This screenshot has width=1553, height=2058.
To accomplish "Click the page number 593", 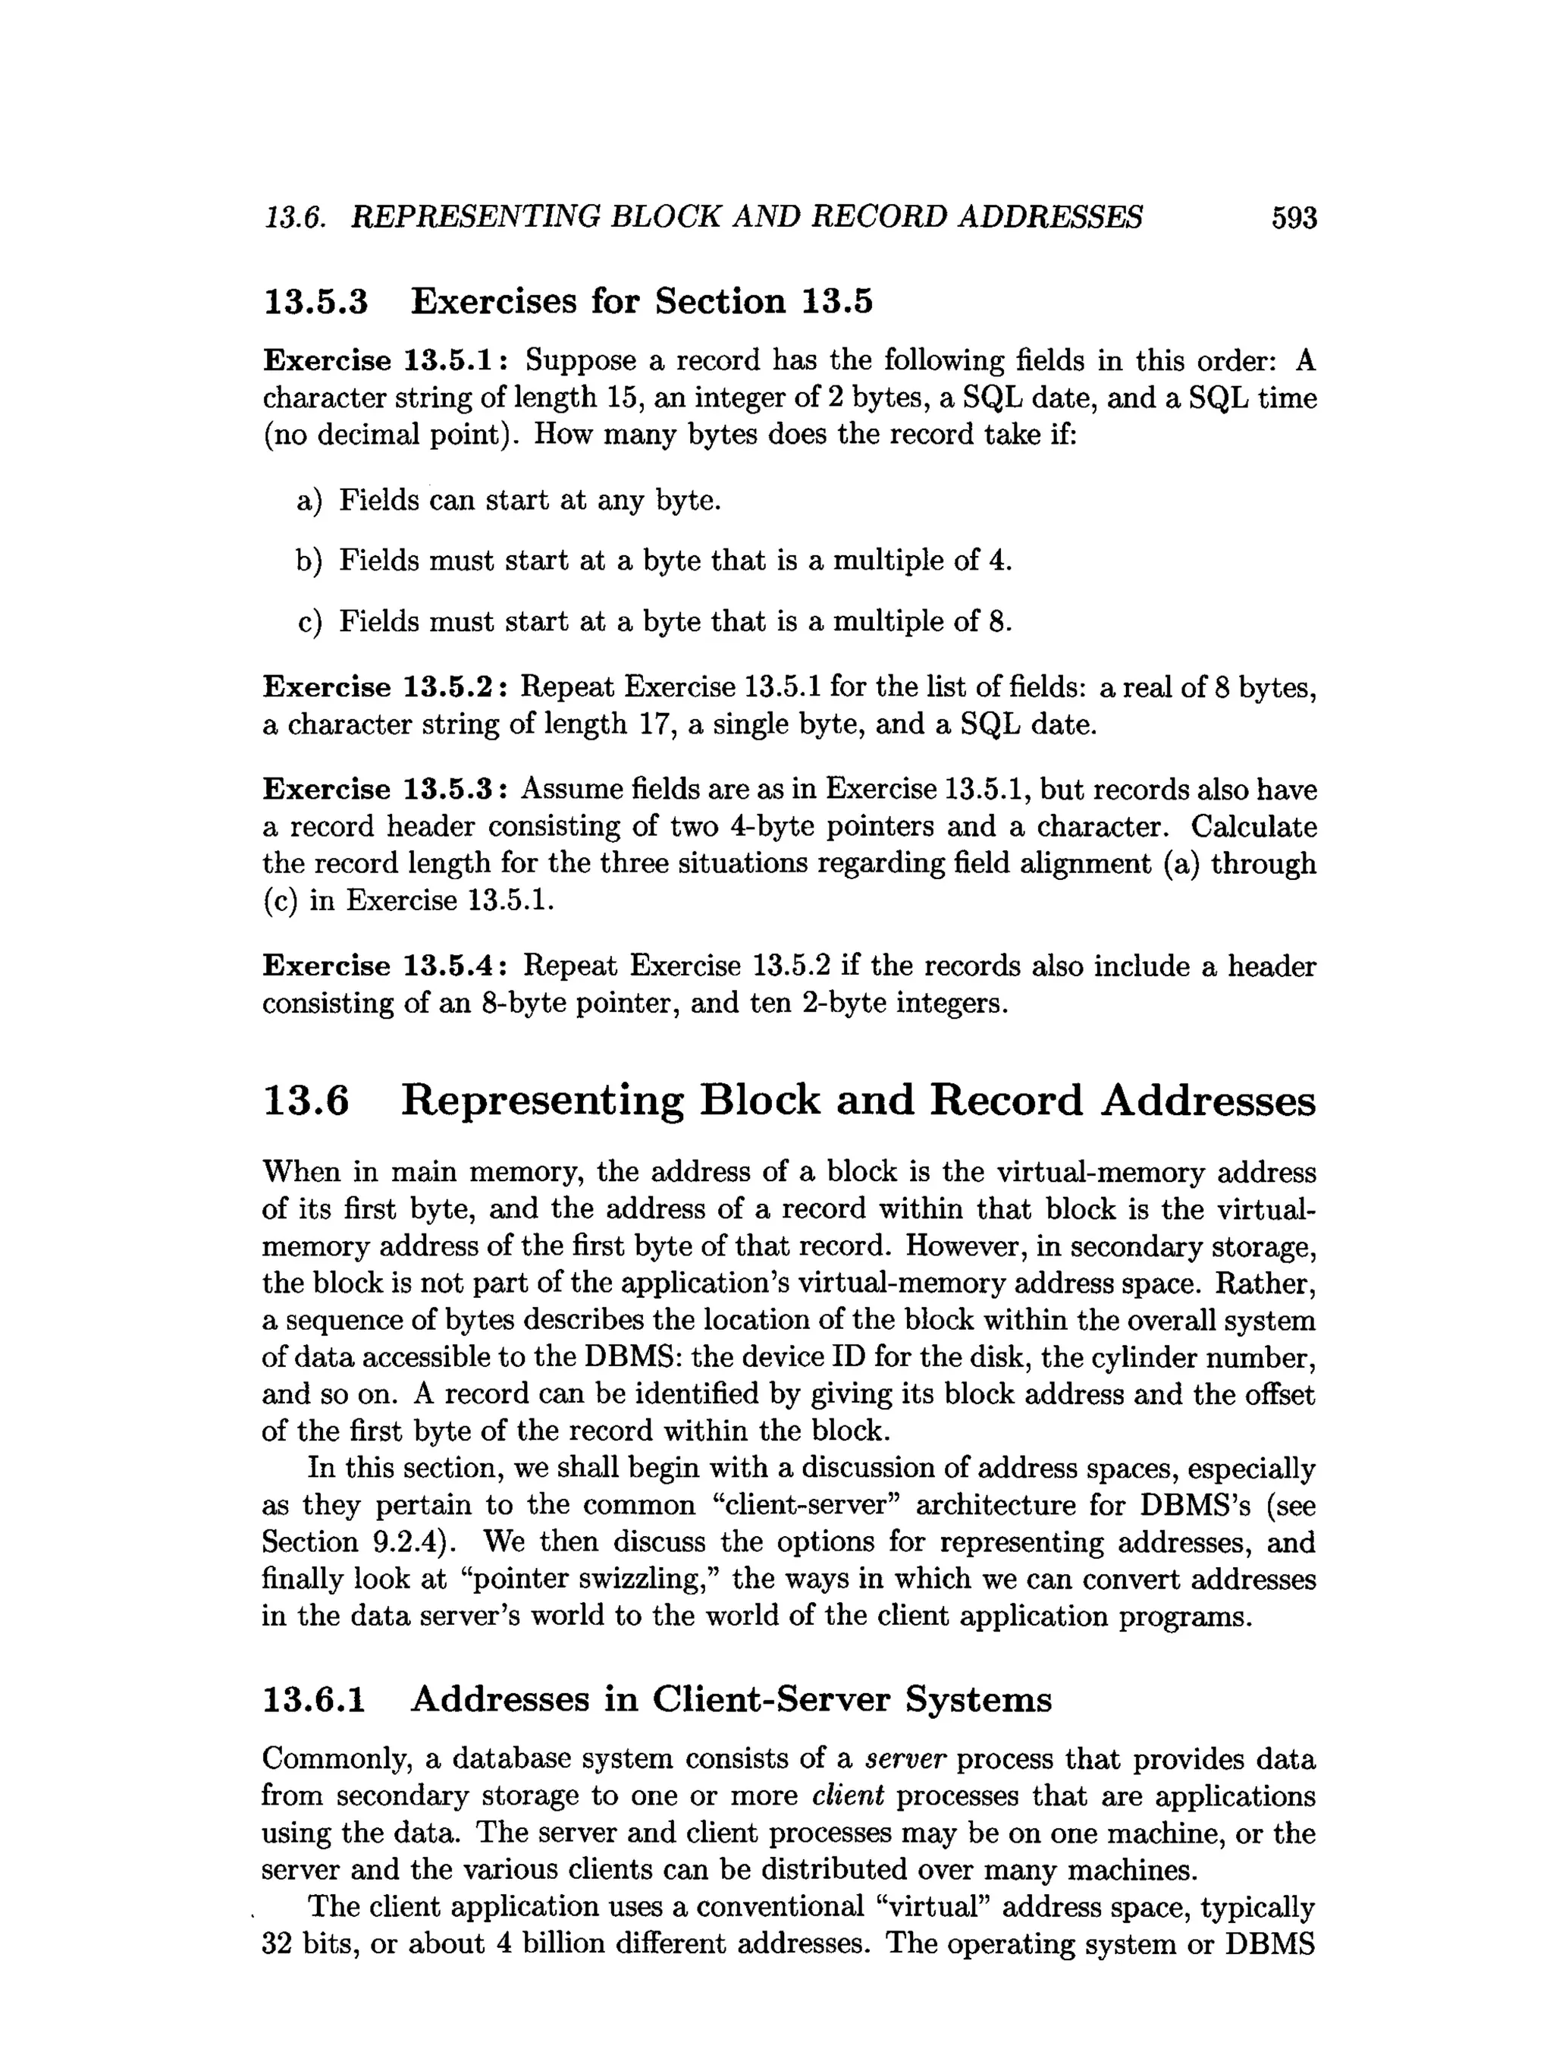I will point(1294,218).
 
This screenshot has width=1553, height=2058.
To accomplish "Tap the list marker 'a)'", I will point(309,501).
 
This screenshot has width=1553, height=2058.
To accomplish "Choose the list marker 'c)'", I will point(309,621).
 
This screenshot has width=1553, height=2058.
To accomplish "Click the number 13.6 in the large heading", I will point(307,1101).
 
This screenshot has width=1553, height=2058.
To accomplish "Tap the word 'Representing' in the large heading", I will point(542,1101).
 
